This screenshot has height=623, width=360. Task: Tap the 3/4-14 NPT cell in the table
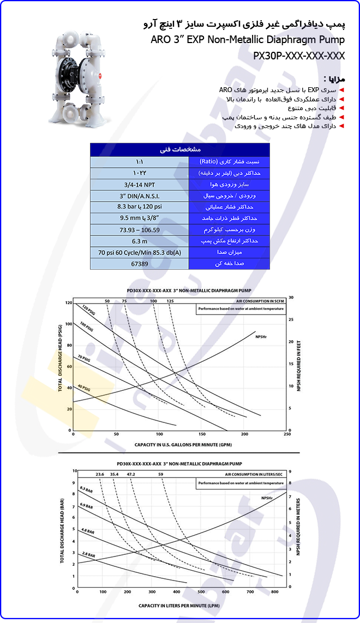(x=139, y=184)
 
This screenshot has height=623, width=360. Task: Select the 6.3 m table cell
(x=139, y=241)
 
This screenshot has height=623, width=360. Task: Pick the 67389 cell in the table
(x=139, y=264)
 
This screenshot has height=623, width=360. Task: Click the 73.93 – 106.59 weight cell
(x=139, y=229)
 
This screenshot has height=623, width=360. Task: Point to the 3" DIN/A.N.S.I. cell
(x=139, y=196)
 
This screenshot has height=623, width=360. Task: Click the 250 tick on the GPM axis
(x=287, y=434)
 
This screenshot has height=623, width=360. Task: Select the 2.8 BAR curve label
(x=88, y=555)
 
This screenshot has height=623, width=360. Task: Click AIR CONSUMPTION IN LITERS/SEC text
(x=254, y=475)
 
